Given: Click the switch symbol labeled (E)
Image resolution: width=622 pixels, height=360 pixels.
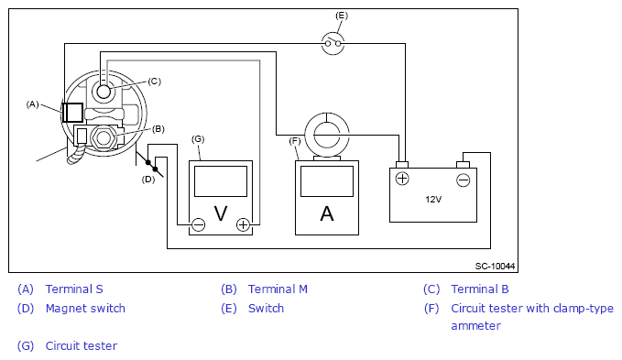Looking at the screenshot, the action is pos(333,43).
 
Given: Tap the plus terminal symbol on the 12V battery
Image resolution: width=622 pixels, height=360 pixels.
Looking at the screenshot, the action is pos(402,179).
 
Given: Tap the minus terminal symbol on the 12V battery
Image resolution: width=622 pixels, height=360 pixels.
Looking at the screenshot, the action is pos(463,180).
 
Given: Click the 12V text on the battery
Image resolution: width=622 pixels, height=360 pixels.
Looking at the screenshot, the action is pos(433,200).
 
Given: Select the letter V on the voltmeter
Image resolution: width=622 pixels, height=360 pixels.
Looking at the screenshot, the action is pos(221,213).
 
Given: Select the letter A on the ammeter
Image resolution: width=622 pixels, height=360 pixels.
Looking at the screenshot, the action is pos(327,213).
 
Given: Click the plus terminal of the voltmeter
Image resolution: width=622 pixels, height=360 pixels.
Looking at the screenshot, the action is pos(243,224).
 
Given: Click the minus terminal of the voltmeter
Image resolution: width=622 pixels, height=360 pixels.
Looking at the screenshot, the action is pos(199,224).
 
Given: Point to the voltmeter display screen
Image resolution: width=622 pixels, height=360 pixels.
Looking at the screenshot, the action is pos(221,181).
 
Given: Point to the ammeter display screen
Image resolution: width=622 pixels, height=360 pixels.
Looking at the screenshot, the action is pos(327,181).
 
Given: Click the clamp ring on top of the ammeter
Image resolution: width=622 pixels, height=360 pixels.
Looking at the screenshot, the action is pos(327,114).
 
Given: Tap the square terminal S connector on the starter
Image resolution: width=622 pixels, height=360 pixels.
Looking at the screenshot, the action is pos(72,113).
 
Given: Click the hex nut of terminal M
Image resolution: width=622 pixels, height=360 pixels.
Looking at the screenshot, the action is pos(104,138).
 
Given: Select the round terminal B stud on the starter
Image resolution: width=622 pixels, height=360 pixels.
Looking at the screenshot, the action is pos(104,92).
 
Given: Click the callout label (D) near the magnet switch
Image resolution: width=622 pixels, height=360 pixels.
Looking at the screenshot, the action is pos(148,180).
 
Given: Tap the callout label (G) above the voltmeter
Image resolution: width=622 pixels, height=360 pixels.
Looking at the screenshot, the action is pos(198,138).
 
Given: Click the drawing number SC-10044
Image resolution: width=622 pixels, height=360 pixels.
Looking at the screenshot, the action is pos(495,266).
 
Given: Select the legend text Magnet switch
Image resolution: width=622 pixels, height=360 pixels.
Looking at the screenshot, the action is pos(85,308).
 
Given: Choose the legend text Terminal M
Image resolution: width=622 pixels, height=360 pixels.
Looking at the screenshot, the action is pos(278,289).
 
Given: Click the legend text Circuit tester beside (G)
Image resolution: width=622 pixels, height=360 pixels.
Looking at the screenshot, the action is pos(82,345).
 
